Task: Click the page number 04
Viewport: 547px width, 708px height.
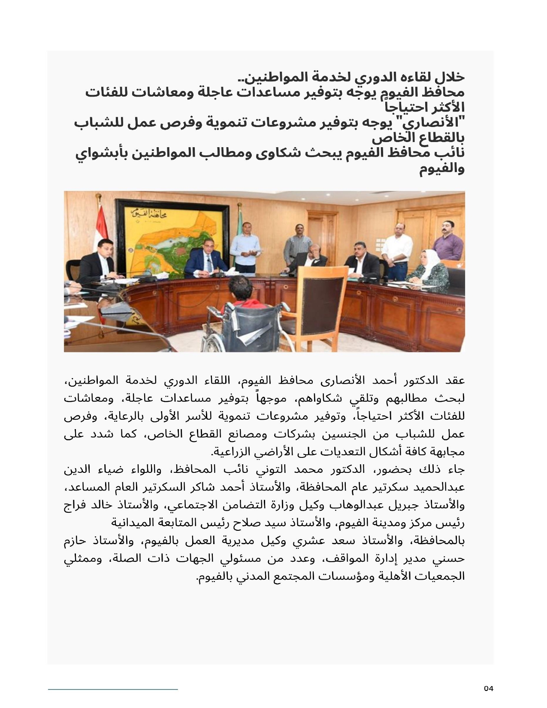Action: [x=489, y=689]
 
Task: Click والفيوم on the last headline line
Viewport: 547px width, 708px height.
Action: [x=442, y=169]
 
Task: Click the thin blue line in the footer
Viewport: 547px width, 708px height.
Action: [x=113, y=690]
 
